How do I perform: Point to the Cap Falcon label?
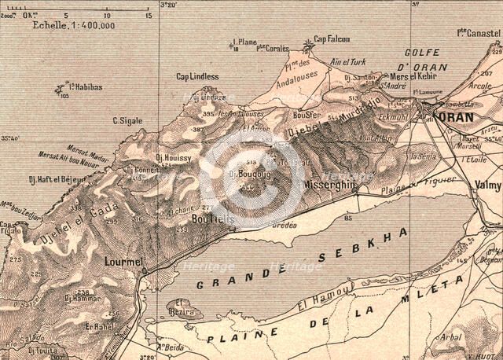pyautogui.click(x=332, y=39)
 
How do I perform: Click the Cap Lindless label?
pyautogui.click(x=197, y=76)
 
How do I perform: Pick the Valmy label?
pyautogui.click(x=488, y=185)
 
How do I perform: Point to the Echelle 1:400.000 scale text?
pyautogui.click(x=74, y=25)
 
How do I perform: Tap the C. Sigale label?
pyautogui.click(x=127, y=120)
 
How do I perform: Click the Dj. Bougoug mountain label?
pyautogui.click(x=244, y=173)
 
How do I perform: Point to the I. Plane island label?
pyautogui.click(x=245, y=42)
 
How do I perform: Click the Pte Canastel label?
pyautogui.click(x=479, y=32)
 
